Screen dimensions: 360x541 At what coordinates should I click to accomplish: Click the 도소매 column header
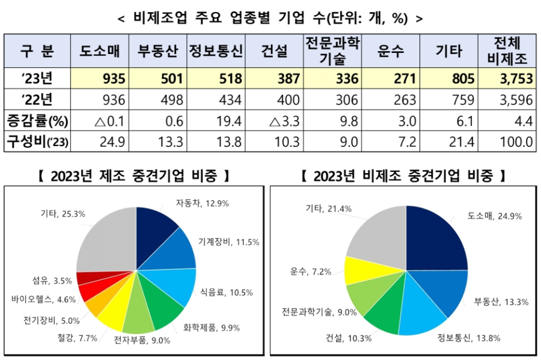pos(100,51)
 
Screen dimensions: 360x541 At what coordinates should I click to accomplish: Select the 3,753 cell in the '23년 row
pos(513,78)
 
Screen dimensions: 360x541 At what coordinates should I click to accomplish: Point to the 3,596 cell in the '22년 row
pos(513,99)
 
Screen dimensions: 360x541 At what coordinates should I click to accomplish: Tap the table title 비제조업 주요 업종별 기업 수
pos(270,18)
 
